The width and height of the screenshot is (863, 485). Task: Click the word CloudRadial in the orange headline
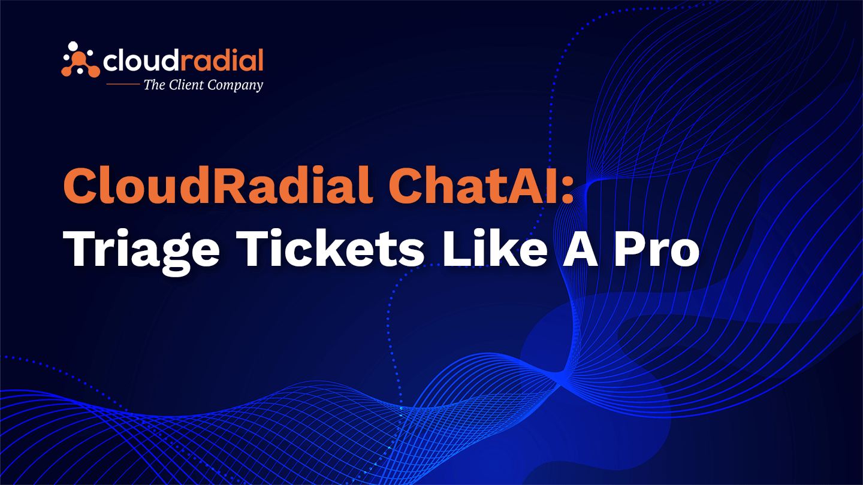coord(218,185)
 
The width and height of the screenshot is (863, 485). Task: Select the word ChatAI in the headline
coord(473,185)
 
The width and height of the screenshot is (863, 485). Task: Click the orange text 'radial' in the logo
coord(222,60)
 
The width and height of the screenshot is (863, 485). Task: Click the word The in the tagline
coord(155,84)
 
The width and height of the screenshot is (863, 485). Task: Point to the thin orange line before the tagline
coord(123,84)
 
